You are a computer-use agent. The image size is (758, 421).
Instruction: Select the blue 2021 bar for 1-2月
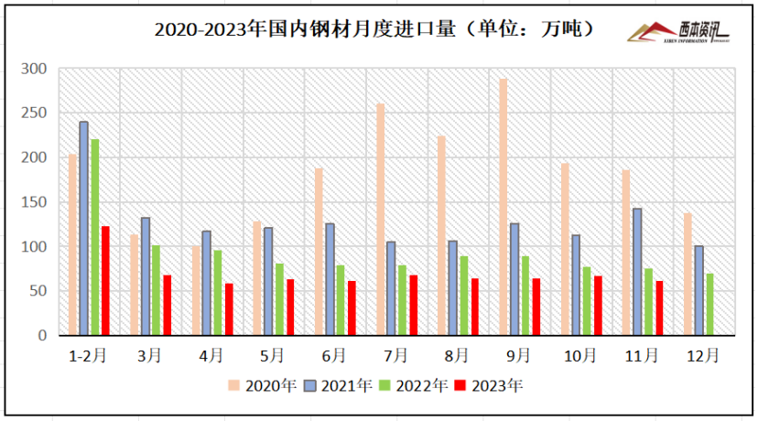(84, 229)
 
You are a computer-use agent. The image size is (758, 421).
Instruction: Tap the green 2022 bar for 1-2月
(95, 237)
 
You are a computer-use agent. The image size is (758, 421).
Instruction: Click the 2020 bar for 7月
(380, 220)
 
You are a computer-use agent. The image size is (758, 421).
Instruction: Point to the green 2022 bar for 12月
(709, 304)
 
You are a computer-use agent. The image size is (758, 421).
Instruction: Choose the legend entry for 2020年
(263, 386)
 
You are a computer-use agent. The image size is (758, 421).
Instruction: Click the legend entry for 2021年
(339, 386)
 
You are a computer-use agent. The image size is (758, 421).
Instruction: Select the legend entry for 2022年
(415, 386)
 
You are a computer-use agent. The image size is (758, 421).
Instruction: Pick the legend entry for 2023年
(491, 386)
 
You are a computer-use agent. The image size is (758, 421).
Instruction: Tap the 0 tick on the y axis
(41, 336)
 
